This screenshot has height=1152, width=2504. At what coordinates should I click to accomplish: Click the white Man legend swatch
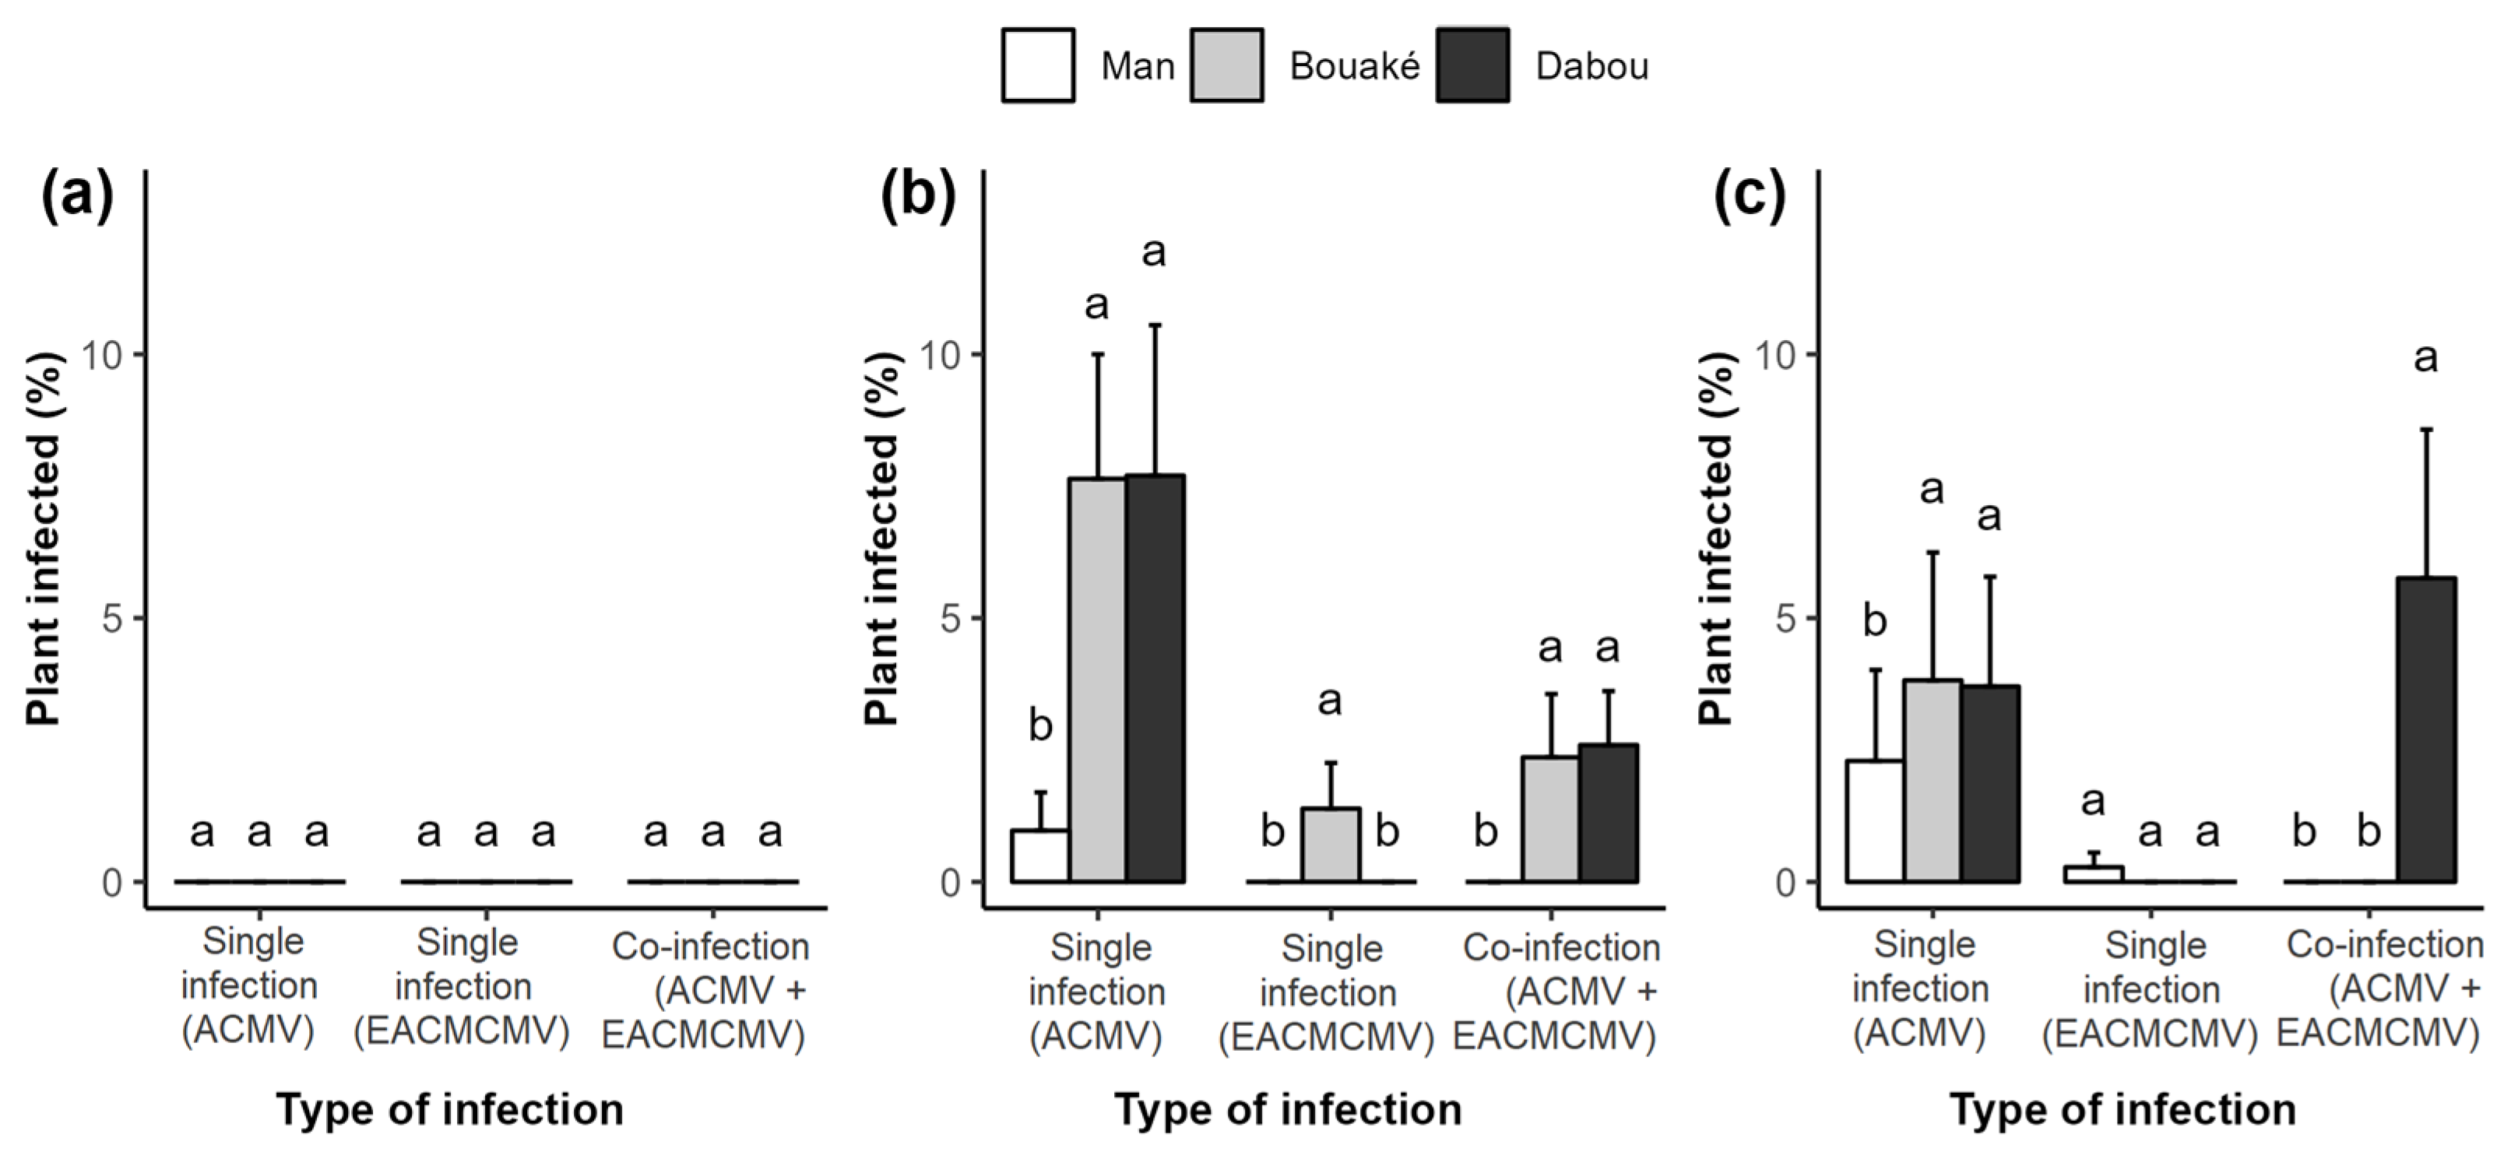pyautogui.click(x=1037, y=65)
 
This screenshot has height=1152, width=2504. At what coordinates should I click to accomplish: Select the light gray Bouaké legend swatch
pyautogui.click(x=1227, y=65)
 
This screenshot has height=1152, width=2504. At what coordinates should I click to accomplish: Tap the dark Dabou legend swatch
pyautogui.click(x=1472, y=65)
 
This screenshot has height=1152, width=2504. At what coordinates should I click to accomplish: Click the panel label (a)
pyautogui.click(x=77, y=195)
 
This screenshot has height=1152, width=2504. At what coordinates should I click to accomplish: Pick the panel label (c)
pyautogui.click(x=1749, y=195)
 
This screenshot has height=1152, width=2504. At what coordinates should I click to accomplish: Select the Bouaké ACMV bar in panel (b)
pyautogui.click(x=1097, y=680)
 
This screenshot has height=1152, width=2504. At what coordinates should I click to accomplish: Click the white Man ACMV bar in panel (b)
pyautogui.click(x=1040, y=855)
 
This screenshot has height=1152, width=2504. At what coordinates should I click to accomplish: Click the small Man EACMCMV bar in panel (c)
pyautogui.click(x=2094, y=874)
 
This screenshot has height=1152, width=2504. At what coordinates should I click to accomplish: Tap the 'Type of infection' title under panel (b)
pyautogui.click(x=1287, y=1110)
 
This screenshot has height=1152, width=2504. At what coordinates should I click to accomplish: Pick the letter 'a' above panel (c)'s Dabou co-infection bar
pyautogui.click(x=2426, y=359)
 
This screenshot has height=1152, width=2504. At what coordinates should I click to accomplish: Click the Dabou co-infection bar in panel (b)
pyautogui.click(x=1609, y=813)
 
